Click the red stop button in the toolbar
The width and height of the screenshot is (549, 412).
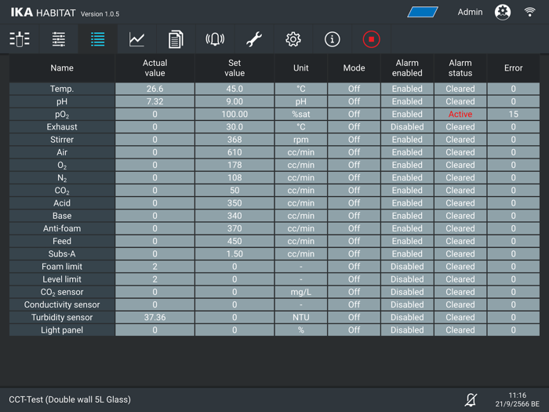pos(371,39)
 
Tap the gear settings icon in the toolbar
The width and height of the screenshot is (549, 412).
pos(293,39)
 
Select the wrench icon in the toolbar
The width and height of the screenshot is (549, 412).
pos(254,39)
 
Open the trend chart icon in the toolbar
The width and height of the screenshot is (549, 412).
pos(136,39)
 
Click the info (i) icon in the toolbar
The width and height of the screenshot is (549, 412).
pos(333,39)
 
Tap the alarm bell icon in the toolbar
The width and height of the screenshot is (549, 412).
pos(215,39)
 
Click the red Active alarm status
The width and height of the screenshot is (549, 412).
pos(460,115)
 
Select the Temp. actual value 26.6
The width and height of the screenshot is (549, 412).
pos(155,89)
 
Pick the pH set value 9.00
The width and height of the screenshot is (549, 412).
pos(235,102)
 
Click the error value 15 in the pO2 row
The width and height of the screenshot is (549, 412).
pos(514,115)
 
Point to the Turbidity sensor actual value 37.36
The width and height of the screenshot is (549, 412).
pos(155,318)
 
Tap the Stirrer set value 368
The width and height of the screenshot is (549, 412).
pos(235,140)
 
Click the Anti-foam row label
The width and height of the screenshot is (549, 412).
pos(62,228)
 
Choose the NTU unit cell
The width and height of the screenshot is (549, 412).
pos(300,318)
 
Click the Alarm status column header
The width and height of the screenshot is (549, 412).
pos(460,68)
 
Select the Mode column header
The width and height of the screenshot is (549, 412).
pos(354,68)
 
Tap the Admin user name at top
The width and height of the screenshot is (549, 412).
pos(471,12)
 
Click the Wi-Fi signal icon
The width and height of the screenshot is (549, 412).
pos(530,12)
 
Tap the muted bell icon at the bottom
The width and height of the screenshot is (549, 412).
pos(471,400)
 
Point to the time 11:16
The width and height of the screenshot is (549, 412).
pos(518,396)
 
